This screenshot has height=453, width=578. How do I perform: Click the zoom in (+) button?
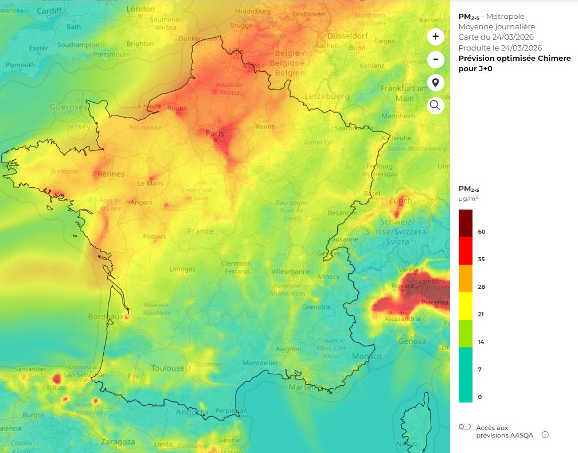tap(435, 37)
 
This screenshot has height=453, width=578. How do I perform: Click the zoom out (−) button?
tap(435, 59)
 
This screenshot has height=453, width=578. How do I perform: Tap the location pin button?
tap(435, 83)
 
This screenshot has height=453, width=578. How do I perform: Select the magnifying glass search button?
tap(435, 105)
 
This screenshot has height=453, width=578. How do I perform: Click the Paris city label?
tap(215, 134)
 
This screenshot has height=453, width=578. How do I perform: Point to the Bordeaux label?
tap(106, 316)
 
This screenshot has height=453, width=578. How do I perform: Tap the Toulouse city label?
tap(167, 368)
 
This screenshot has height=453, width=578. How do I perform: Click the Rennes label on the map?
tap(111, 173)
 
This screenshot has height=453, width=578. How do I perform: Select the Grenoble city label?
tap(317, 307)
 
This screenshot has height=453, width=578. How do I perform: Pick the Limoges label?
tap(182, 269)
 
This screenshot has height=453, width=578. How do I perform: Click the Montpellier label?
tap(260, 363)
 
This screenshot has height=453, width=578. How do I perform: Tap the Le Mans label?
tap(150, 184)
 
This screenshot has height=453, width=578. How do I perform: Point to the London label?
tap(140, 9)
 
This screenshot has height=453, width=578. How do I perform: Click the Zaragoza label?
tap(118, 442)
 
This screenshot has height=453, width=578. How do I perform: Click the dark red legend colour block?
tap(466, 223)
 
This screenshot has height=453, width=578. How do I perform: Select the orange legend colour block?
tap(466, 278)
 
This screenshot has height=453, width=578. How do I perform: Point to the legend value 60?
tap(482, 231)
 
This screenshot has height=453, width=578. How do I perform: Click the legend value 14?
tap(481, 342)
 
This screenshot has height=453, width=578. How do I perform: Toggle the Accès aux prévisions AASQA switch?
tap(465, 427)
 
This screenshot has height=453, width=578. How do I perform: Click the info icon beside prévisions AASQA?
tap(545, 435)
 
